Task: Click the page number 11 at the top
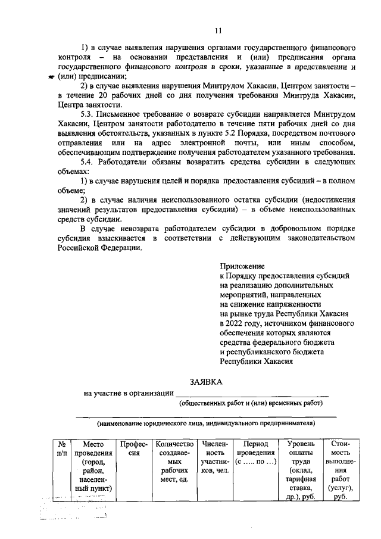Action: [218, 30]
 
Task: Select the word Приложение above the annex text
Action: [242, 266]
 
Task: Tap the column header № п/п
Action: [62, 448]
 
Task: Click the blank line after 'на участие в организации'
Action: [252, 393]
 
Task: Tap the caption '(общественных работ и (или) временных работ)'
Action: [251, 404]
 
